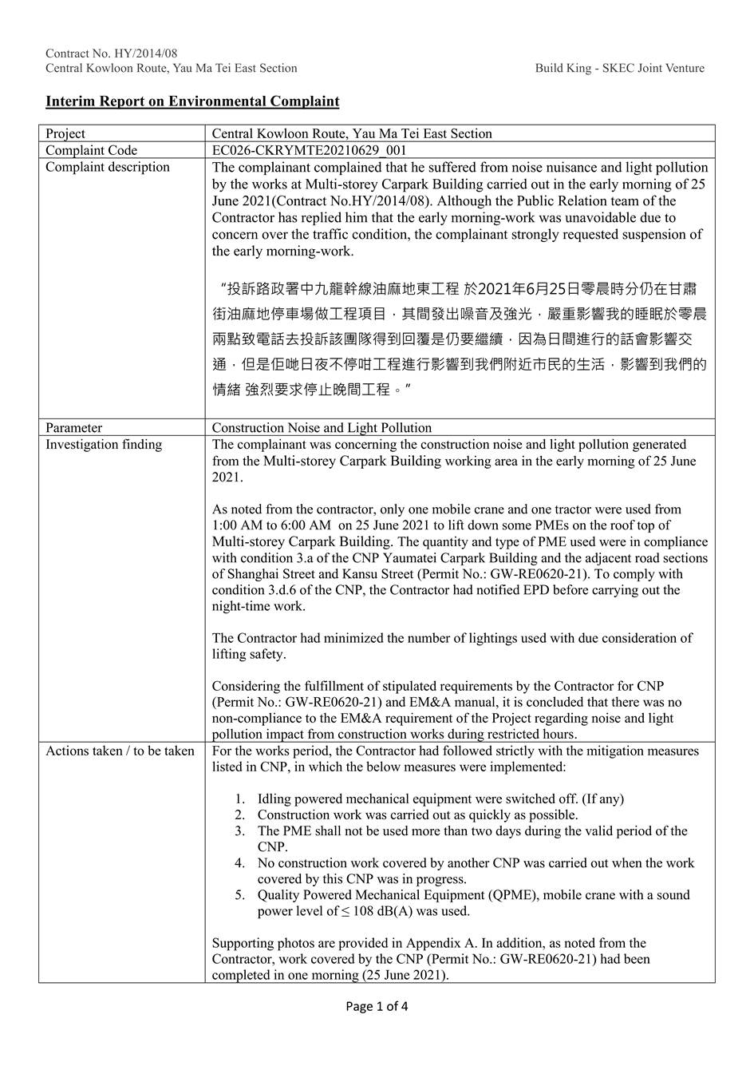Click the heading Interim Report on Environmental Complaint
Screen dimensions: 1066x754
(192, 101)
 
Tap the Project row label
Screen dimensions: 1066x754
(65, 133)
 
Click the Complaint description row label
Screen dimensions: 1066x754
(108, 167)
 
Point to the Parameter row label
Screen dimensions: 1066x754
(74, 427)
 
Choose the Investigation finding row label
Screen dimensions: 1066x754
(104, 444)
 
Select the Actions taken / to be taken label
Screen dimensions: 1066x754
(120, 751)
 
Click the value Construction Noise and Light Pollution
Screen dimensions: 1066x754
(322, 427)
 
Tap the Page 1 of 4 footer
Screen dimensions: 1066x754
(377, 1006)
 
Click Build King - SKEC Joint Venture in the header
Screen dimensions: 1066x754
(620, 68)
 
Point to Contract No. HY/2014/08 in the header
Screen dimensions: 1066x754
(112, 53)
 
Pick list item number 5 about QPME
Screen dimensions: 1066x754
(239, 895)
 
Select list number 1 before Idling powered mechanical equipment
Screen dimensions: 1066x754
(239, 799)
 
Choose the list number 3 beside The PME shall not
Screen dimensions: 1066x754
(239, 830)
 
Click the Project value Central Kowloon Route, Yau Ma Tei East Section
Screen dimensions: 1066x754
(352, 133)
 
